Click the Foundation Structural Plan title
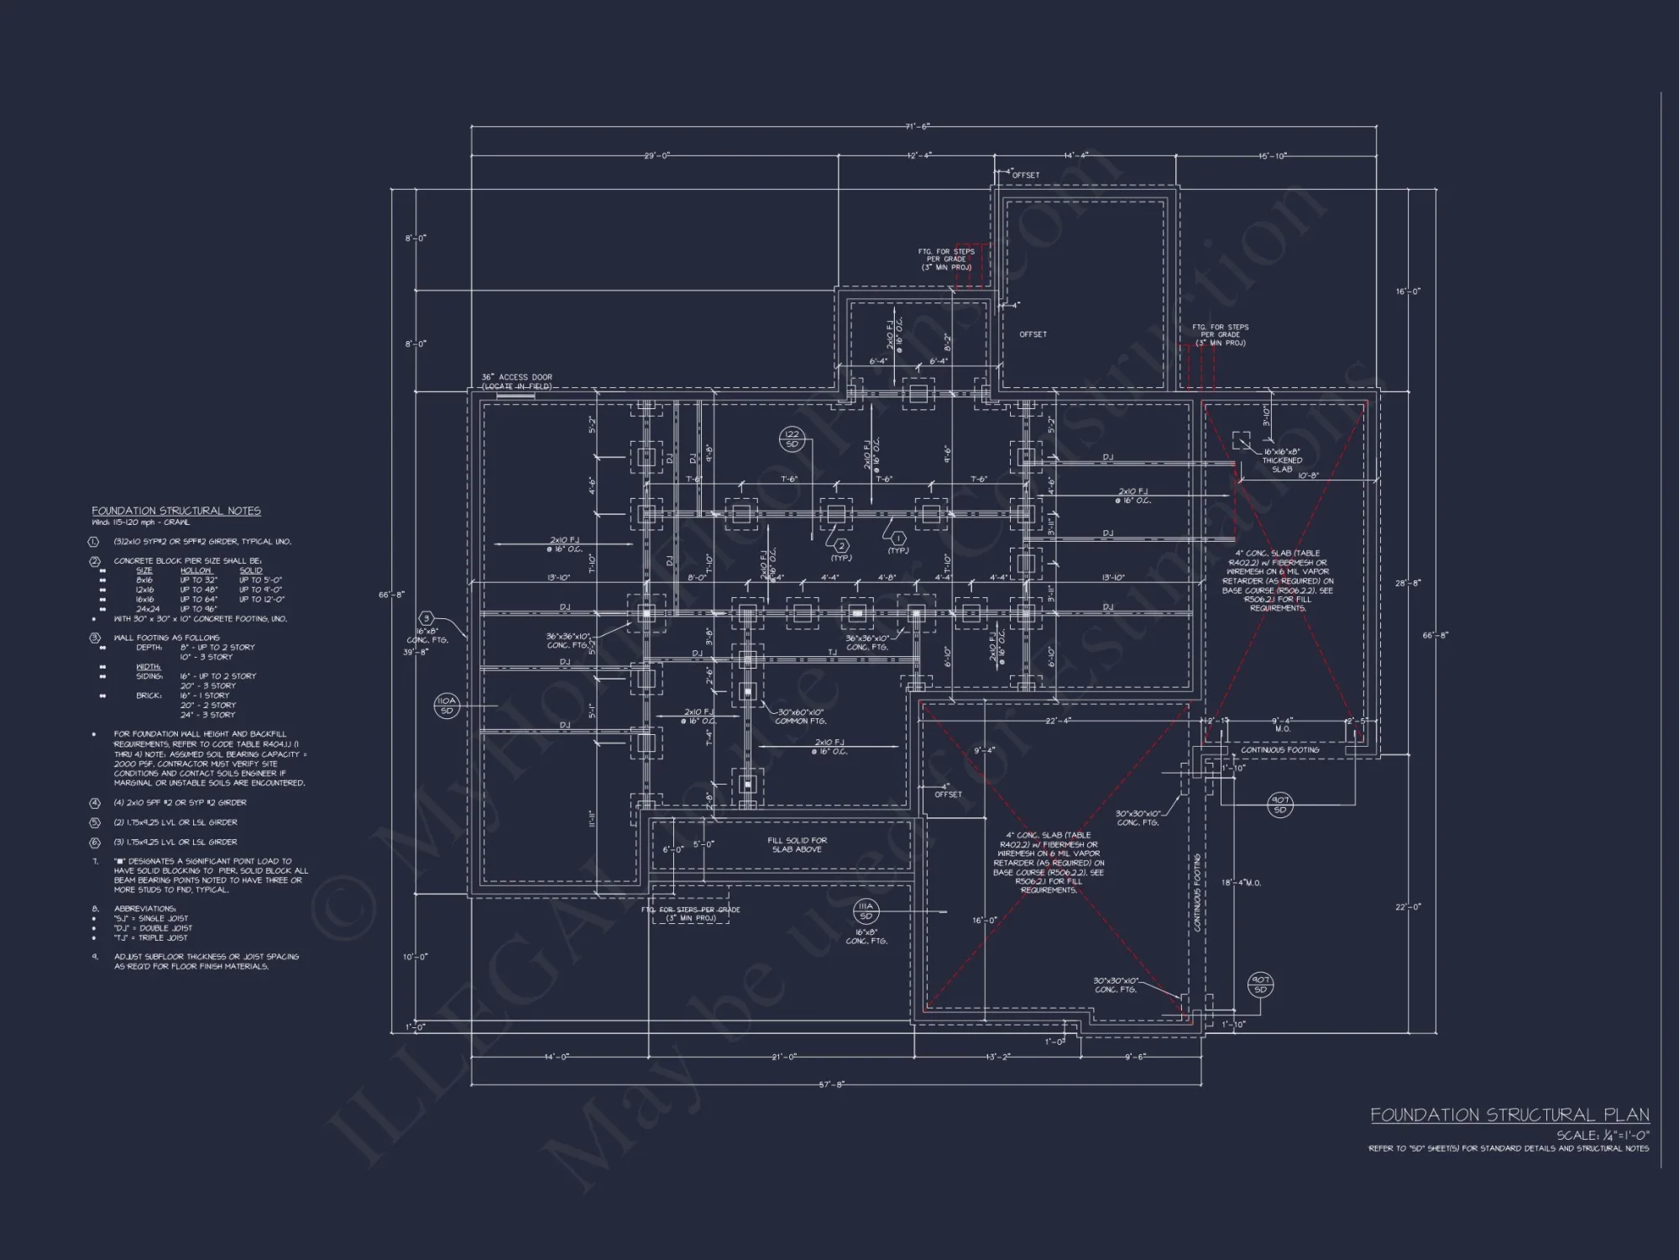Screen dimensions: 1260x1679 point(1509,1115)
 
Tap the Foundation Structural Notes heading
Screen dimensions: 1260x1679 point(175,511)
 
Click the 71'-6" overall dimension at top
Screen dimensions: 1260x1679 point(918,127)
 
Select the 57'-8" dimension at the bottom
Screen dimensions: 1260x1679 point(832,1084)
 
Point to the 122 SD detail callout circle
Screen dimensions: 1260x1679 point(792,438)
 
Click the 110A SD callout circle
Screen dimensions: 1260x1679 point(446,706)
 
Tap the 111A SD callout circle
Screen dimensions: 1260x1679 point(866,911)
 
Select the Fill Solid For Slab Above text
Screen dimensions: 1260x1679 point(797,844)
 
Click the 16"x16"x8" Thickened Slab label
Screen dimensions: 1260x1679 point(1282,460)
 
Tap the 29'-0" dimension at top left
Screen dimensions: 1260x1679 point(656,155)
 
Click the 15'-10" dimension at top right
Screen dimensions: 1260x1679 point(1273,155)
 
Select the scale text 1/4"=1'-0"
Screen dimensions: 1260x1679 point(1603,1135)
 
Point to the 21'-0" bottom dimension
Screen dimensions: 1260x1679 point(784,1057)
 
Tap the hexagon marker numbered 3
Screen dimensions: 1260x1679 point(426,618)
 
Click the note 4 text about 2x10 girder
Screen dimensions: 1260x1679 point(180,803)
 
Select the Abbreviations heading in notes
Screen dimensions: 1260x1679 point(144,909)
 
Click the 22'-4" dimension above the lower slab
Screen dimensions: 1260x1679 point(1058,721)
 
